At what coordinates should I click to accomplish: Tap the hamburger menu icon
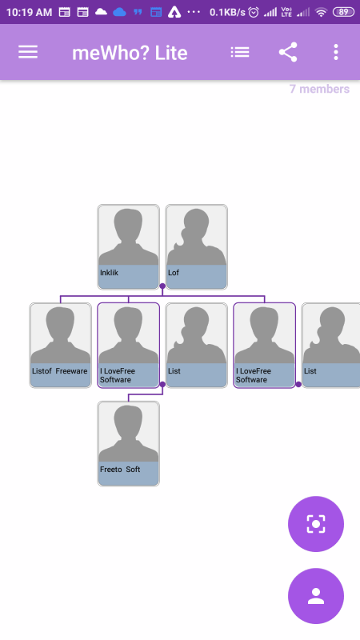tap(28, 52)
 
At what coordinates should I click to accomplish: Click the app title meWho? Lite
tap(130, 53)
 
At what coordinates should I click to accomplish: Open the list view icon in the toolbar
tap(239, 52)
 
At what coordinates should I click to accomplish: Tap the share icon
tap(288, 52)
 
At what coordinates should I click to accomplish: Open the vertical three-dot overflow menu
tap(335, 52)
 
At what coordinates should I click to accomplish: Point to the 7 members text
tap(319, 89)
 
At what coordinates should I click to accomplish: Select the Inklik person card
tap(128, 247)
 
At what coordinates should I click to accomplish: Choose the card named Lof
tap(196, 247)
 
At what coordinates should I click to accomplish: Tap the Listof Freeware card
tap(61, 346)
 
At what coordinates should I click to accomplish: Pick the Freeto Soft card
tap(128, 444)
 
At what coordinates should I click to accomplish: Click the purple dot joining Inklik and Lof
tap(162, 286)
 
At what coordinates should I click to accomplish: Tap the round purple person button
tap(316, 596)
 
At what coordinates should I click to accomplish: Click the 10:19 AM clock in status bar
tap(29, 12)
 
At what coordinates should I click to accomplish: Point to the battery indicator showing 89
tap(343, 12)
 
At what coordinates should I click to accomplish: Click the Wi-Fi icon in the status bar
tap(322, 12)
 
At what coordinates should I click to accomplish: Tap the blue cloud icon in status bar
tap(119, 12)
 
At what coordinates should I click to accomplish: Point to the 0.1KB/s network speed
tap(227, 12)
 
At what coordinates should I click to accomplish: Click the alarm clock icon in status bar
tap(254, 12)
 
